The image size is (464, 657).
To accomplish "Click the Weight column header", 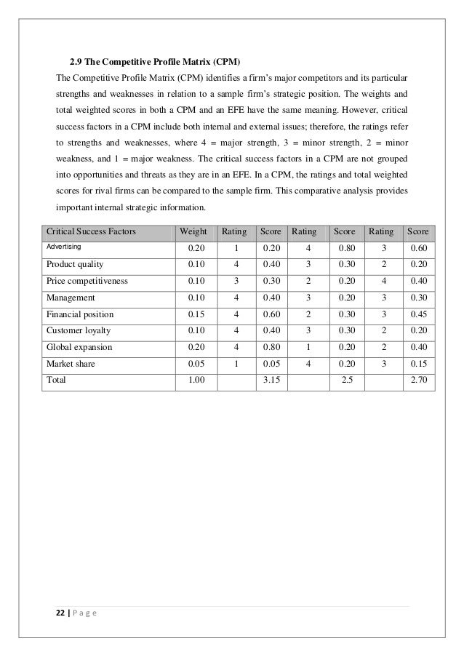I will click(193, 232).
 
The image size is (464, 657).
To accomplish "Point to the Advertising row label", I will click(65, 247).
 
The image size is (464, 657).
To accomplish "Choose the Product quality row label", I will click(75, 264).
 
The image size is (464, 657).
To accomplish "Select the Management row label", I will click(71, 298).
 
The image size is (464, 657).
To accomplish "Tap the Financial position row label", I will click(80, 314).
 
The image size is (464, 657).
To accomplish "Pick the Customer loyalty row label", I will click(78, 331).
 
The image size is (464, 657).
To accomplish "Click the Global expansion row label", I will click(79, 348).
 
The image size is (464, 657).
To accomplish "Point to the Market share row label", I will click(71, 365).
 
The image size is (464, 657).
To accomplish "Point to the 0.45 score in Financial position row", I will click(417, 314).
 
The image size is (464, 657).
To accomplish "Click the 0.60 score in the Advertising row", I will click(417, 249).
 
